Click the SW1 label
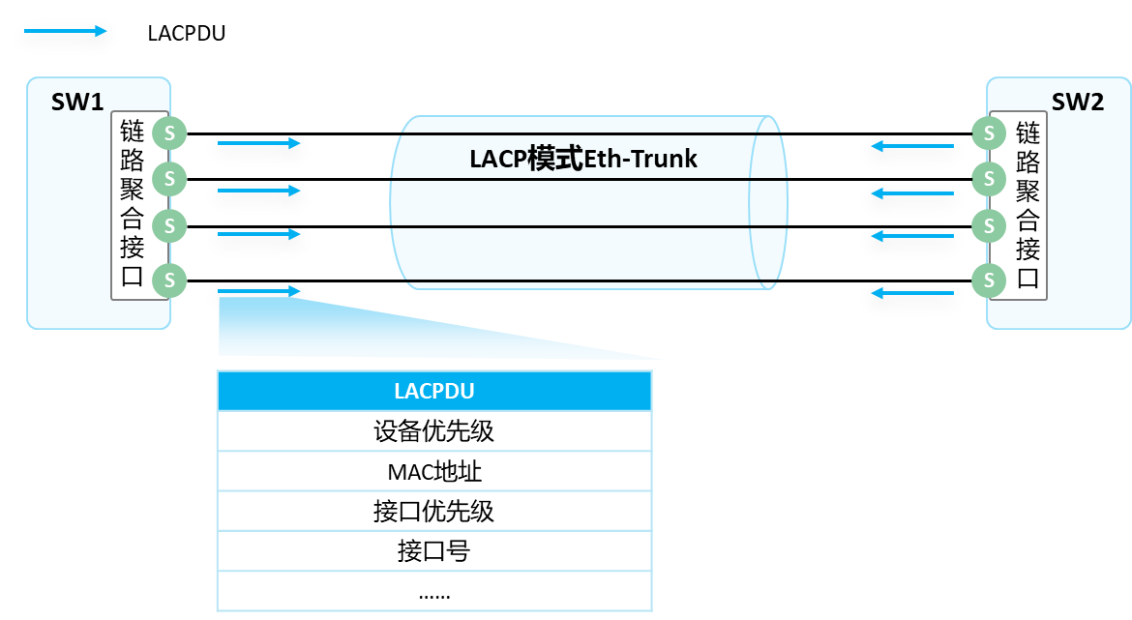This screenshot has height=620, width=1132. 77,102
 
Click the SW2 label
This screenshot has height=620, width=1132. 1077,102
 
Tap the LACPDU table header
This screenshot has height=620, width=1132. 434,391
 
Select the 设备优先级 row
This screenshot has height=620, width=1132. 434,431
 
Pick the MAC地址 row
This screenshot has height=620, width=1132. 434,472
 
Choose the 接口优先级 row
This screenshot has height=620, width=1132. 434,511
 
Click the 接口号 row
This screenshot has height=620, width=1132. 434,551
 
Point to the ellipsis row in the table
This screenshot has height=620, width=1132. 434,593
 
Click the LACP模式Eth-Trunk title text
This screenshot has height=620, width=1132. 583,159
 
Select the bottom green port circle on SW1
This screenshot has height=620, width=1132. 169,280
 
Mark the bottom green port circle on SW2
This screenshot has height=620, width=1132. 989,280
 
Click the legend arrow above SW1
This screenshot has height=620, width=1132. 65,31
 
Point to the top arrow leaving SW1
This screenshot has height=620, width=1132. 259,143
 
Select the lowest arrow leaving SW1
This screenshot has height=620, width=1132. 259,291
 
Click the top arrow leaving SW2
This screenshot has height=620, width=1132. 911,146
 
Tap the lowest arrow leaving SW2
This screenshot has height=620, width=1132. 911,292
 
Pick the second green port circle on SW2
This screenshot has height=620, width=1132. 989,178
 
